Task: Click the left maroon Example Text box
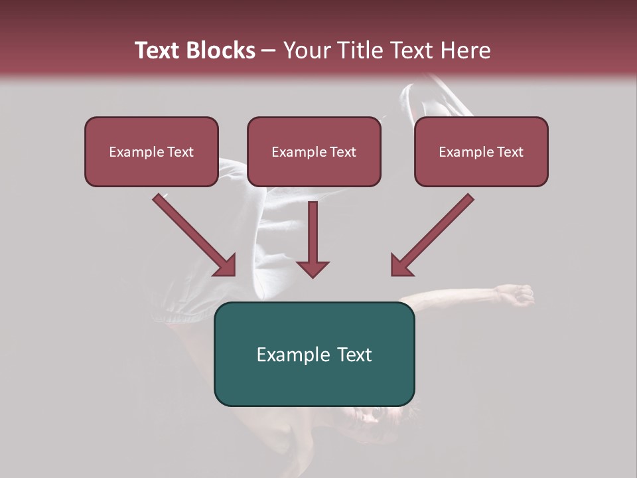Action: (151, 151)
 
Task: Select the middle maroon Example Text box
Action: (314, 151)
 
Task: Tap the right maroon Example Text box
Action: (481, 151)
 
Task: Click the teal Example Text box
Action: (314, 354)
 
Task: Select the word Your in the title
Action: (307, 50)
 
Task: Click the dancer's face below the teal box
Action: (375, 418)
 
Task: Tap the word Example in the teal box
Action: (289, 354)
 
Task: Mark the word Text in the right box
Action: (510, 151)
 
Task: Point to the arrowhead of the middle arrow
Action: (313, 268)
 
